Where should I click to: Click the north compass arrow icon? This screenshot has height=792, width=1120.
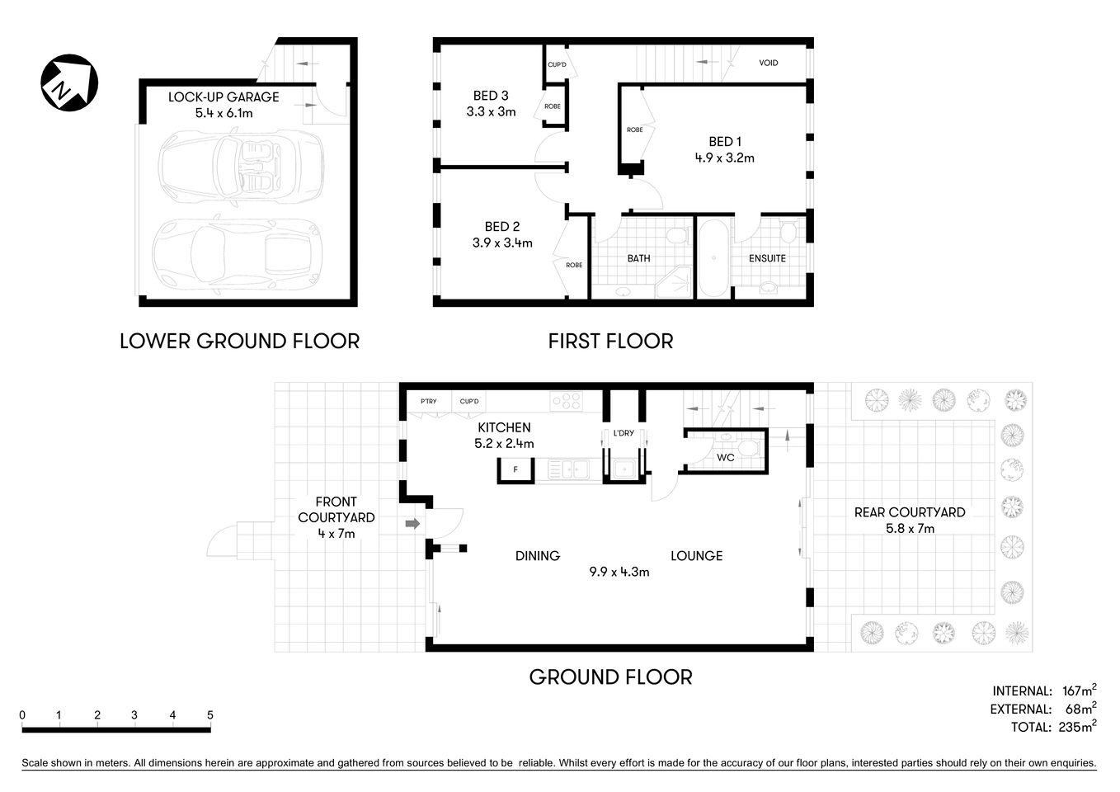click(x=69, y=82)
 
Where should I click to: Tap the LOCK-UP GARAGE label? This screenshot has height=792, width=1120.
click(x=224, y=97)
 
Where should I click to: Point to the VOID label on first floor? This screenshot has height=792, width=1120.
click(x=768, y=63)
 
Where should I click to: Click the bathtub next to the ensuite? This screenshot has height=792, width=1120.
click(x=713, y=257)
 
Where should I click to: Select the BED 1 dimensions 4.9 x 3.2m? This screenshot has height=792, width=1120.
click(x=724, y=158)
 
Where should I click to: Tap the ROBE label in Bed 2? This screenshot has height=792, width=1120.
click(x=574, y=265)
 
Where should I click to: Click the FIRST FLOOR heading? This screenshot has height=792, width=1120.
click(x=610, y=341)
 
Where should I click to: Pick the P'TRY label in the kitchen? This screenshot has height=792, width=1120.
click(x=428, y=402)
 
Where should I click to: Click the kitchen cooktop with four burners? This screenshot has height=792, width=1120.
click(x=567, y=402)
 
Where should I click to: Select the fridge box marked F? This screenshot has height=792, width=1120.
click(x=515, y=470)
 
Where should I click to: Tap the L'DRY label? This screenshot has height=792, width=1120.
click(x=623, y=435)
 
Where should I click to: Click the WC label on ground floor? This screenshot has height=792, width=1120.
click(x=725, y=457)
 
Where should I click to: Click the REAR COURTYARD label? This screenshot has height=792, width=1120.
click(x=909, y=512)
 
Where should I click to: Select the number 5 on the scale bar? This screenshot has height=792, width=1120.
click(x=210, y=715)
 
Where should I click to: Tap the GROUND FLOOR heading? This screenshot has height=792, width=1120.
click(x=610, y=677)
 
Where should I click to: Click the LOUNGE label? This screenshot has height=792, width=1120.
click(x=696, y=556)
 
